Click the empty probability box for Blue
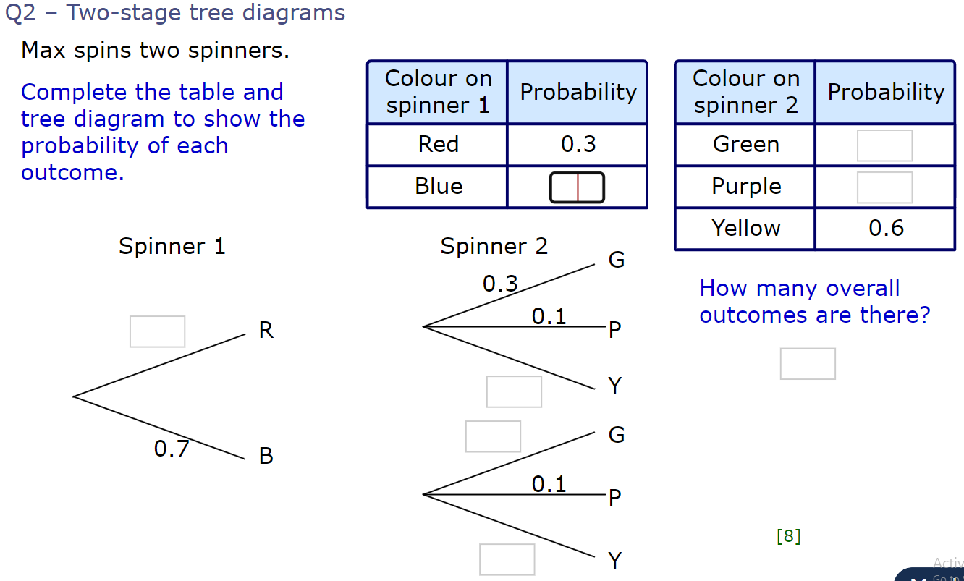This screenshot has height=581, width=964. (577, 187)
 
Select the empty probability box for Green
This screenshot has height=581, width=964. (884, 145)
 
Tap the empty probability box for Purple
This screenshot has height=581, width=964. (884, 187)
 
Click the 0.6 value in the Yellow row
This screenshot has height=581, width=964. (886, 229)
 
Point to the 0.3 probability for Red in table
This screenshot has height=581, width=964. (578, 145)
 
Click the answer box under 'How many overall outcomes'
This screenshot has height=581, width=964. (808, 363)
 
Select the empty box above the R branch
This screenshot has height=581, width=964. (157, 331)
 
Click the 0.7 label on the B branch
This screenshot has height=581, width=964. (172, 449)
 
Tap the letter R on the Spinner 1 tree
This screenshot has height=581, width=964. (266, 331)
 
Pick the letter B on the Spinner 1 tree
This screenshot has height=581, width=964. (266, 456)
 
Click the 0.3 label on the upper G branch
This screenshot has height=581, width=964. (500, 284)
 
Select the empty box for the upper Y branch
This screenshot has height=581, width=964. (514, 391)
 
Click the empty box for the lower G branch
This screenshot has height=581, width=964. (493, 436)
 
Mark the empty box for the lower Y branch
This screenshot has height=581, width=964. (507, 559)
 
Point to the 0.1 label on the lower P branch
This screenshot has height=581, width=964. (549, 483)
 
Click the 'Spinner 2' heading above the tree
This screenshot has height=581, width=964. (494, 247)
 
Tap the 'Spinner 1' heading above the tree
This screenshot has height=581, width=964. (172, 247)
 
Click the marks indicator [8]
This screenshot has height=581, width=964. (788, 536)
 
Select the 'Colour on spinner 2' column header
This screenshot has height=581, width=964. (745, 92)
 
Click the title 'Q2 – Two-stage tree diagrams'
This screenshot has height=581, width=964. (175, 13)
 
